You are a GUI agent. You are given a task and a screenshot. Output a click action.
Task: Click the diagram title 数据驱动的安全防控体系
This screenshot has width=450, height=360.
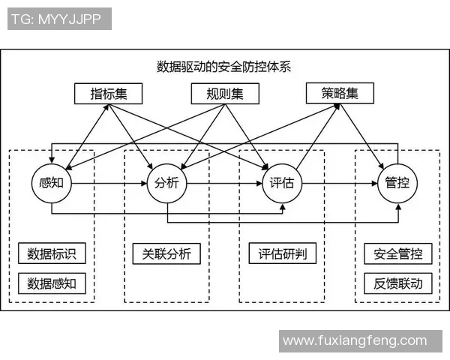pos(223,66)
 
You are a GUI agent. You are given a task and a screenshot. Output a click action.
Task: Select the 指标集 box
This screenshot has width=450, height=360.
pos(108,94)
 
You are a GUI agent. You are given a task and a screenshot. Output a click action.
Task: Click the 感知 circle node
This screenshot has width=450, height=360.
pos(51,182)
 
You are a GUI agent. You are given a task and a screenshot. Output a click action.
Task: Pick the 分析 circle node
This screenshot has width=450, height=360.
pos(166,182)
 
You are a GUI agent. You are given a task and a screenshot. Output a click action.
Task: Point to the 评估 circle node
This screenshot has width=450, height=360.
pos(282,182)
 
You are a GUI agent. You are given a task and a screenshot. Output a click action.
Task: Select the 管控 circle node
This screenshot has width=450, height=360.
pos(397,182)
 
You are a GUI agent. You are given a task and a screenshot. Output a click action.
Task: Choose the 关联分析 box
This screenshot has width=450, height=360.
pos(166,253)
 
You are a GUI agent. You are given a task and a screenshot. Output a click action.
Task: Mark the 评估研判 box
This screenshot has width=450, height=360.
pos(282,253)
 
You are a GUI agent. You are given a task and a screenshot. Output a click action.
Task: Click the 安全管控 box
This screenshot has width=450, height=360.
pos(397,253)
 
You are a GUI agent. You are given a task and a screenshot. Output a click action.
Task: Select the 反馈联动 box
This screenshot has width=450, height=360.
pos(397,283)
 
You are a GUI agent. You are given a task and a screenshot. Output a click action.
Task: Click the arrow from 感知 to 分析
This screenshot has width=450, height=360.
pos(109,182)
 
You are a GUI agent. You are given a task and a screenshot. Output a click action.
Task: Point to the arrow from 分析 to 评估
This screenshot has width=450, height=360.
pos(224,182)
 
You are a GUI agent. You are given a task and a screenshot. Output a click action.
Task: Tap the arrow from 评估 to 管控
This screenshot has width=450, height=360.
pos(340,182)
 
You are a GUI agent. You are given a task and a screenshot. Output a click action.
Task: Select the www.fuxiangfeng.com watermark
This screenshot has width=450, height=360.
pos(355,340)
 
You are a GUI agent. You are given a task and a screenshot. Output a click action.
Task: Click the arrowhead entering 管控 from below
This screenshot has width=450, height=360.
pos(397,207)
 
